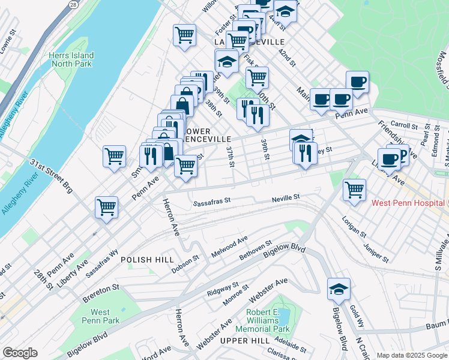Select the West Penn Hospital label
tap(409, 203)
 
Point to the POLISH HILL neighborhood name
tap(147, 259)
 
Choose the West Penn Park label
tap(100, 316)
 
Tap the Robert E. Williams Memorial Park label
tap(268, 321)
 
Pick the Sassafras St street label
tap(212, 203)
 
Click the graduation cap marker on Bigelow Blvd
tap(339, 290)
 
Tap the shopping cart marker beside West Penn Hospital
tap(355, 190)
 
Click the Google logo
tap(20, 353)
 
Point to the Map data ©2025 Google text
tap(411, 355)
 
